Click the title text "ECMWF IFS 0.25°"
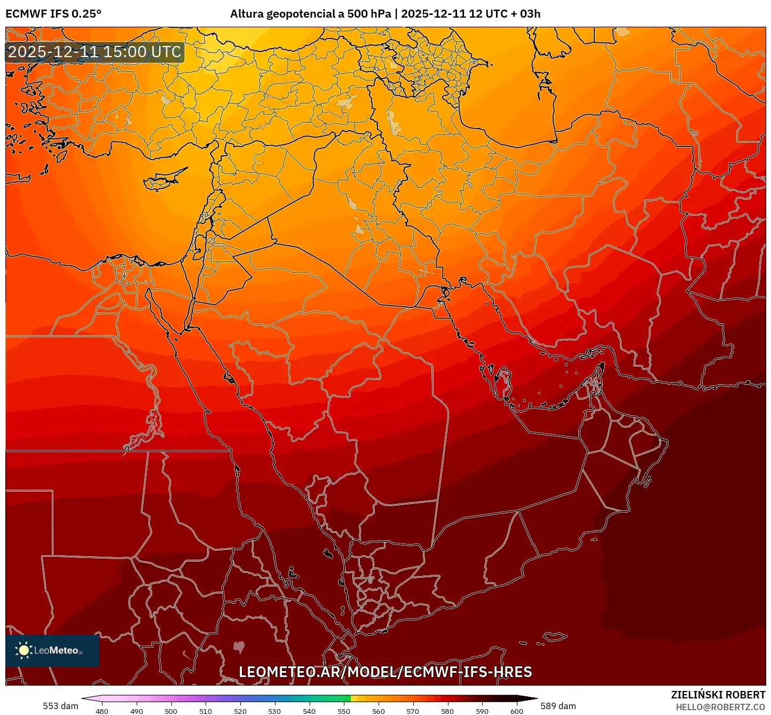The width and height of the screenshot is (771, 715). tap(53, 14)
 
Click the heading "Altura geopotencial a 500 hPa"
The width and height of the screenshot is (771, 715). tap(310, 14)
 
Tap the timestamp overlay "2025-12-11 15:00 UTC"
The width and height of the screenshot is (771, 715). tap(95, 52)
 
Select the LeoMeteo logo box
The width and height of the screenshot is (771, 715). tap(52, 650)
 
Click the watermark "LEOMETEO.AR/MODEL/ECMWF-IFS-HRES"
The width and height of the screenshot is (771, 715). tap(385, 672)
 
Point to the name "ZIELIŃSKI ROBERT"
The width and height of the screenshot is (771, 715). tap(718, 695)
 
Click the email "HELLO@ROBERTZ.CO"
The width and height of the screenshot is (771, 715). tap(720, 707)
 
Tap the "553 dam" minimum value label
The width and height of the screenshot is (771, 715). tap(60, 706)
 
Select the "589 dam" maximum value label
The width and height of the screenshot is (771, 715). tap(558, 706)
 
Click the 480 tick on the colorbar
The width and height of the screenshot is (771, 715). tap(101, 711)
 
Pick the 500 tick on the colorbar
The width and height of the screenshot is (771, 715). tap(171, 711)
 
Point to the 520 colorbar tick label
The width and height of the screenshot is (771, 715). tap(240, 711)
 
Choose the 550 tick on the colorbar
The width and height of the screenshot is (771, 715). tap(344, 711)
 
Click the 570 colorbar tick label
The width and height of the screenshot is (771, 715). tap(413, 711)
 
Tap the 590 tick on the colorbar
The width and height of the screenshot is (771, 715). tap(482, 711)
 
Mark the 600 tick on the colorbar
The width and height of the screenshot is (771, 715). tap(516, 711)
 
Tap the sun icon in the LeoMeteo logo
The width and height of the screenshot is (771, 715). tap(23, 650)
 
